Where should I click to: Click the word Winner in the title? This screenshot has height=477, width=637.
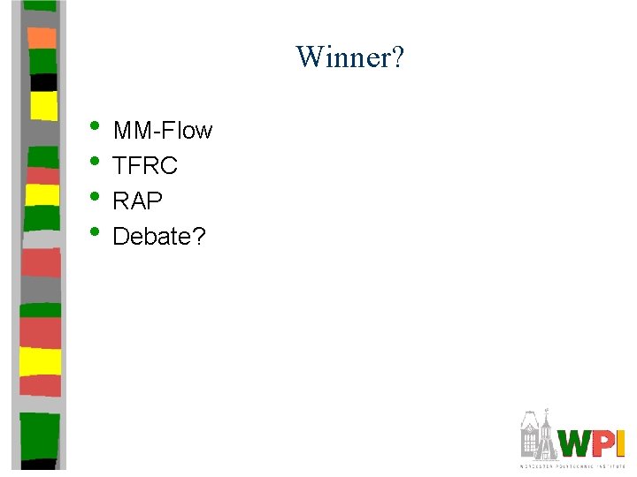point(342,57)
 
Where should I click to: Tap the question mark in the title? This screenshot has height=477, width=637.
point(397,57)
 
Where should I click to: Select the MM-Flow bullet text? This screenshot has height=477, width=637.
point(163,131)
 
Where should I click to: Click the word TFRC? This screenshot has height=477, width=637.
point(145,166)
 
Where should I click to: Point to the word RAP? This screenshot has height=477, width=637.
point(138,201)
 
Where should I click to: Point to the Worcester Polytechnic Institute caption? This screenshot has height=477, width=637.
point(572,465)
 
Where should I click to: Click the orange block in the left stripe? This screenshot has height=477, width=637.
point(42,37)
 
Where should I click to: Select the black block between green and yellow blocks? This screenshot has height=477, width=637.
point(42,82)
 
